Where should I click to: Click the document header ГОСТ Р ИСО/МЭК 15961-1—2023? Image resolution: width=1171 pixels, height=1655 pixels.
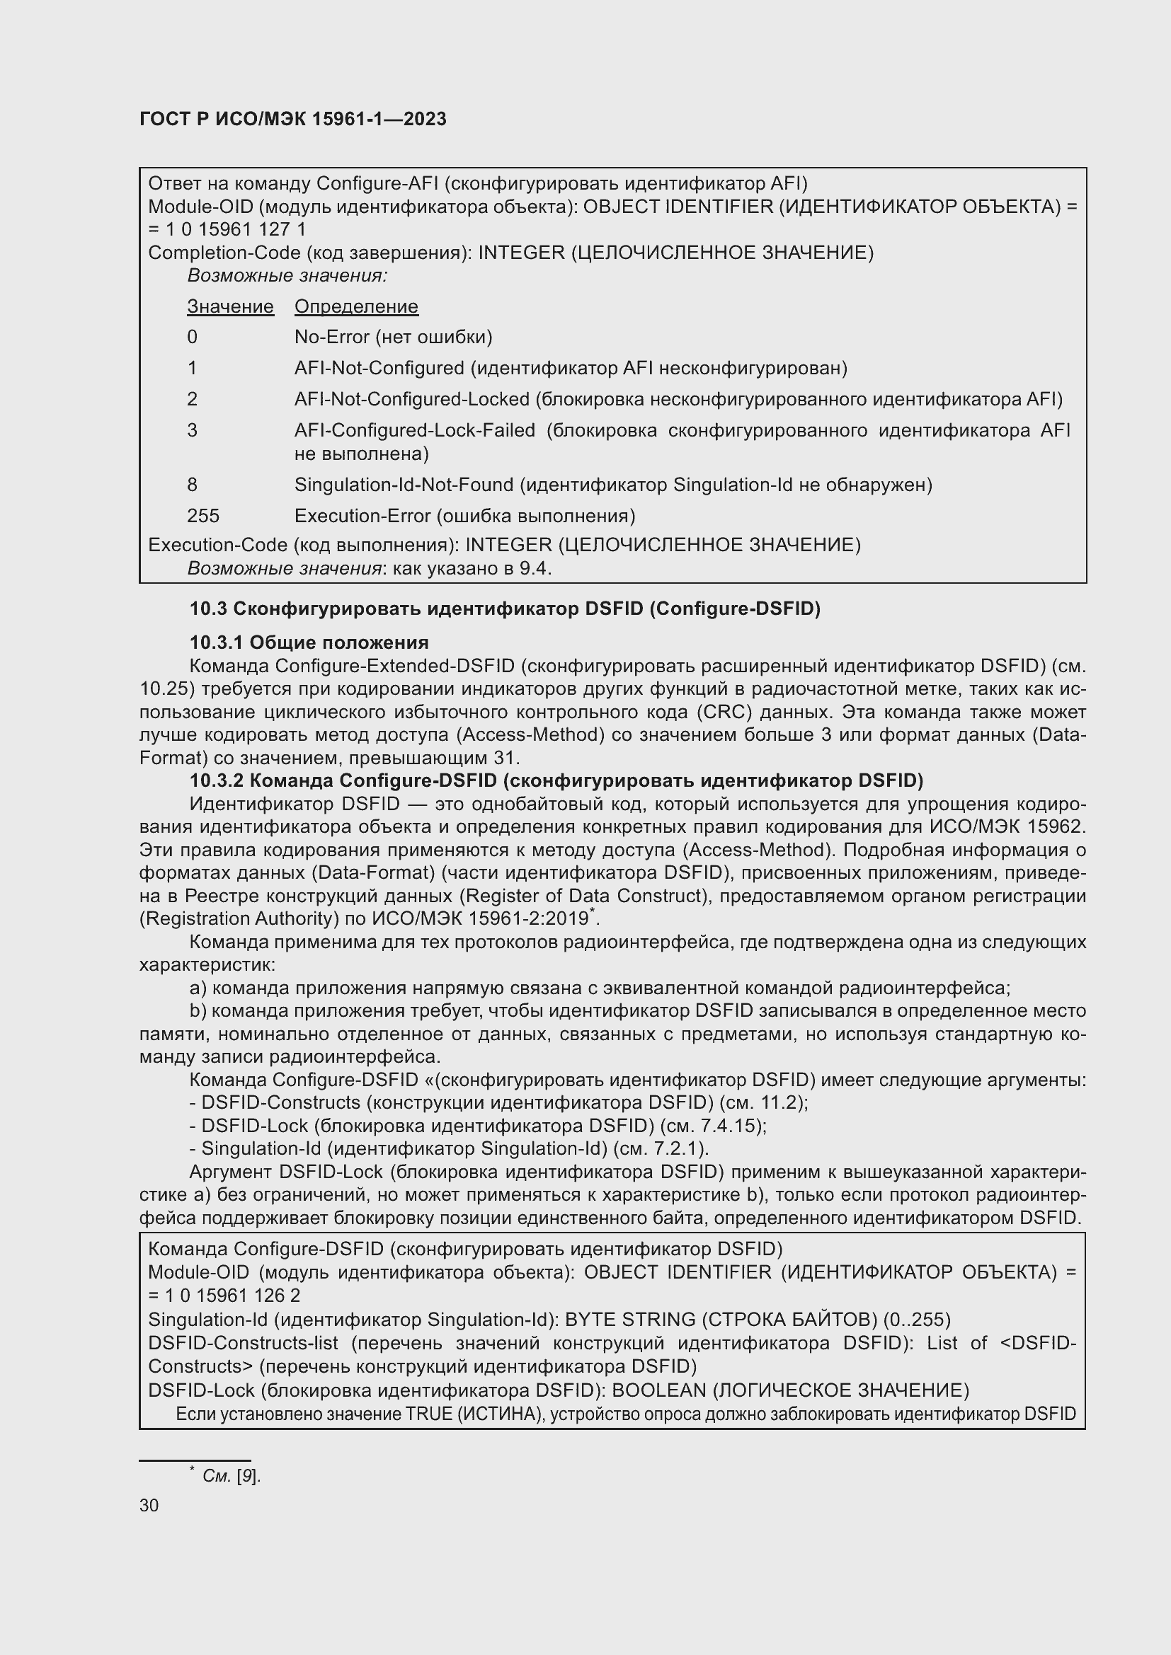tap(293, 119)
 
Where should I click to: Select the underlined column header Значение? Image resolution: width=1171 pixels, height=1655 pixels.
tap(230, 306)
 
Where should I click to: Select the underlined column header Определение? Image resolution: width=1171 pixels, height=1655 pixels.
tap(356, 306)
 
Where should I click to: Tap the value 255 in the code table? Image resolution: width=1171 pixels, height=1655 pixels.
tap(202, 516)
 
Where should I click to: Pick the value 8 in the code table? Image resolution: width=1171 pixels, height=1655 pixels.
tap(192, 485)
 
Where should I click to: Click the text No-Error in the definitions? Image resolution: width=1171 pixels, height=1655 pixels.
tap(331, 338)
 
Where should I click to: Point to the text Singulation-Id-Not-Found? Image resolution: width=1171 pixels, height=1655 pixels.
tap(404, 485)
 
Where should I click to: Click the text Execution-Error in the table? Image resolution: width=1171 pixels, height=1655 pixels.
tap(362, 516)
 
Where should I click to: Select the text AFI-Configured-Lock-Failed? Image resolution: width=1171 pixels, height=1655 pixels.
tap(415, 430)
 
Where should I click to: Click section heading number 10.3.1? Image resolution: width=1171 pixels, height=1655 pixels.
tap(215, 642)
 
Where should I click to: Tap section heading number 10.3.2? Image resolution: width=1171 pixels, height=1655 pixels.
tap(216, 780)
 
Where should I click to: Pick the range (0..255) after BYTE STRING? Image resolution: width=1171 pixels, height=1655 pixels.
tap(916, 1320)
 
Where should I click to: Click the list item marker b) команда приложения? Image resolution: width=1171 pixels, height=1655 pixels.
tap(198, 1011)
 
